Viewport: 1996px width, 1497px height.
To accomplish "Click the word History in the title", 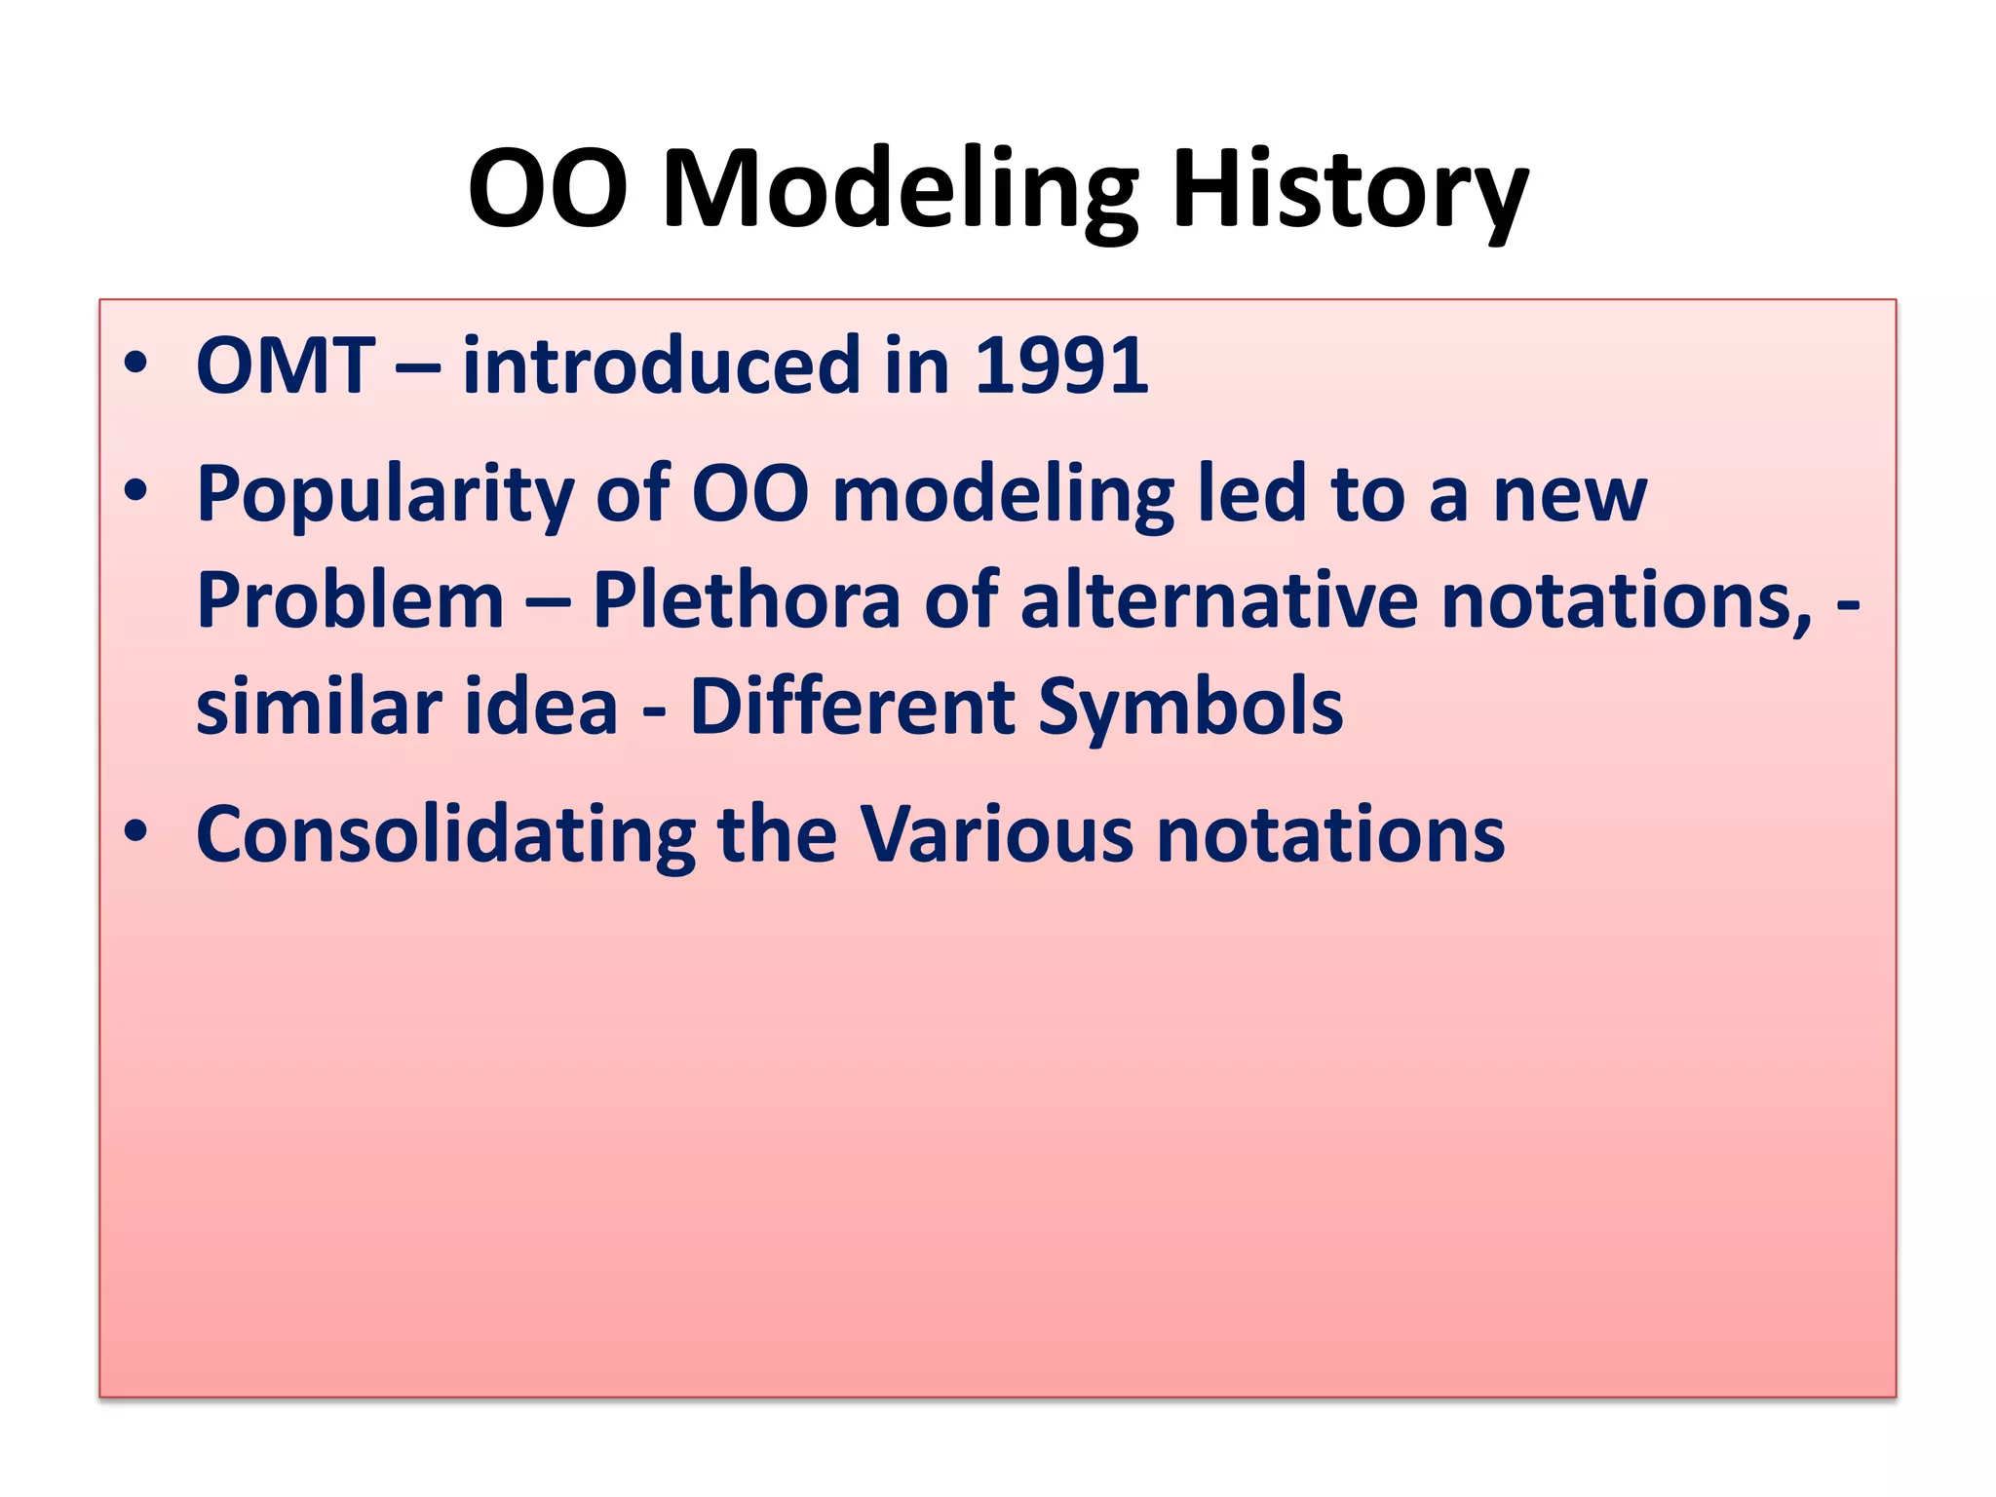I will [1349, 190].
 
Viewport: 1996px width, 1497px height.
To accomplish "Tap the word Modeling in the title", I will [900, 190].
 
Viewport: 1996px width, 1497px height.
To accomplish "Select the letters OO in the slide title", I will [548, 190].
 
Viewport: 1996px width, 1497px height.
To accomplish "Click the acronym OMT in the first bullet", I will [286, 366].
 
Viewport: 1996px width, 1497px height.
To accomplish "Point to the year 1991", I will [1061, 366].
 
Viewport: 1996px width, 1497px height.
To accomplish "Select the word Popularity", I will [384, 496].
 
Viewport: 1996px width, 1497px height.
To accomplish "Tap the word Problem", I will [350, 601].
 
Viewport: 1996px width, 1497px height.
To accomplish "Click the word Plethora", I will [747, 601].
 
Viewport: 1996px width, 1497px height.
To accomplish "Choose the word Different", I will [853, 708].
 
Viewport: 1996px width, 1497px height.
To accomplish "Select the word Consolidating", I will [445, 835].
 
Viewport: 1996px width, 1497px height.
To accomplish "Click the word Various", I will [996, 835].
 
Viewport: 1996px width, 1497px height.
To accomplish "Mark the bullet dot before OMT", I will [135, 365].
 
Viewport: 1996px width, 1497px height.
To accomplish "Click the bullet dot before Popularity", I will [135, 491].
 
